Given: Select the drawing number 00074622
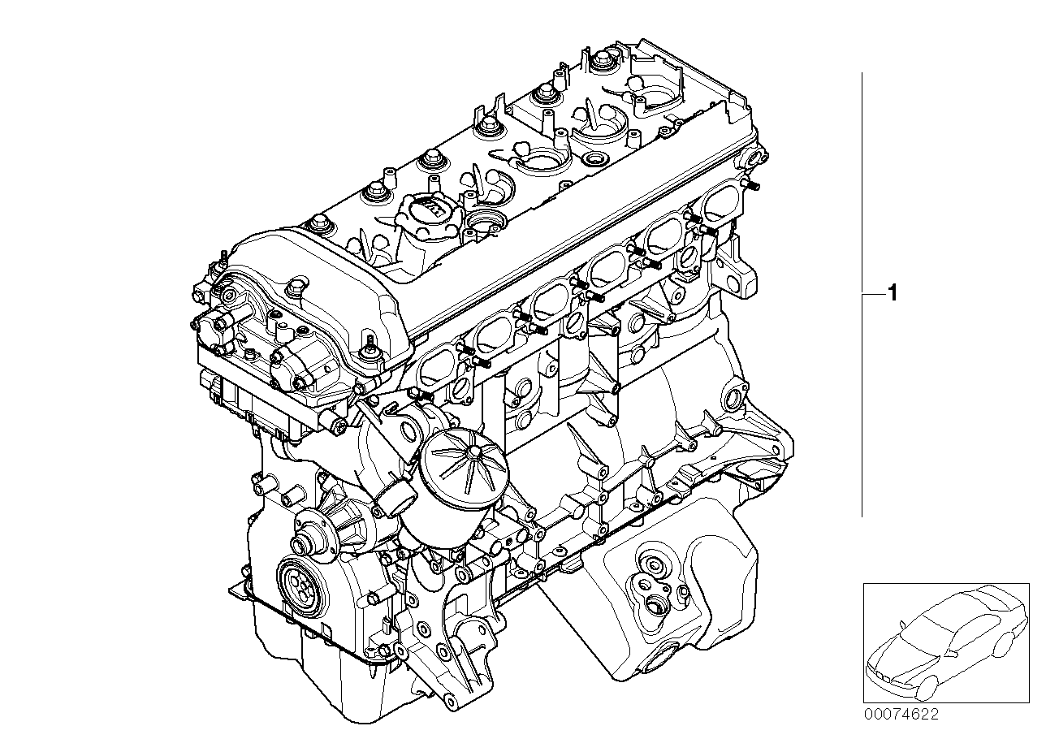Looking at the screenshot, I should [901, 715].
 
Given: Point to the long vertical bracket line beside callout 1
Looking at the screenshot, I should [862, 292].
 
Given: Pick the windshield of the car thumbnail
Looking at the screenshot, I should [925, 623].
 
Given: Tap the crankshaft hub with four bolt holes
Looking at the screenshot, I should [298, 582].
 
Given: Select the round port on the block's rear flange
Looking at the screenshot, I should [736, 398].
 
